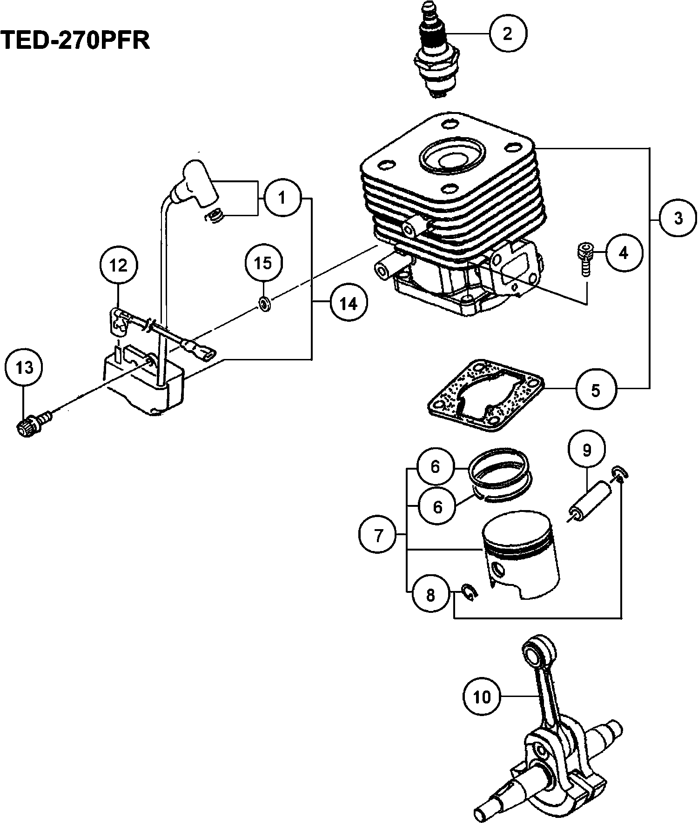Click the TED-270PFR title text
pyautogui.click(x=75, y=41)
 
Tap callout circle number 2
pyautogui.click(x=508, y=33)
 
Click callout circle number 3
pyautogui.click(x=678, y=218)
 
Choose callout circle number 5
pyautogui.click(x=596, y=390)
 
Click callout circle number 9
pyautogui.click(x=587, y=450)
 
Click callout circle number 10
pyautogui.click(x=483, y=697)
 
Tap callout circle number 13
pyautogui.click(x=25, y=368)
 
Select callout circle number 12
pyautogui.click(x=118, y=265)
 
